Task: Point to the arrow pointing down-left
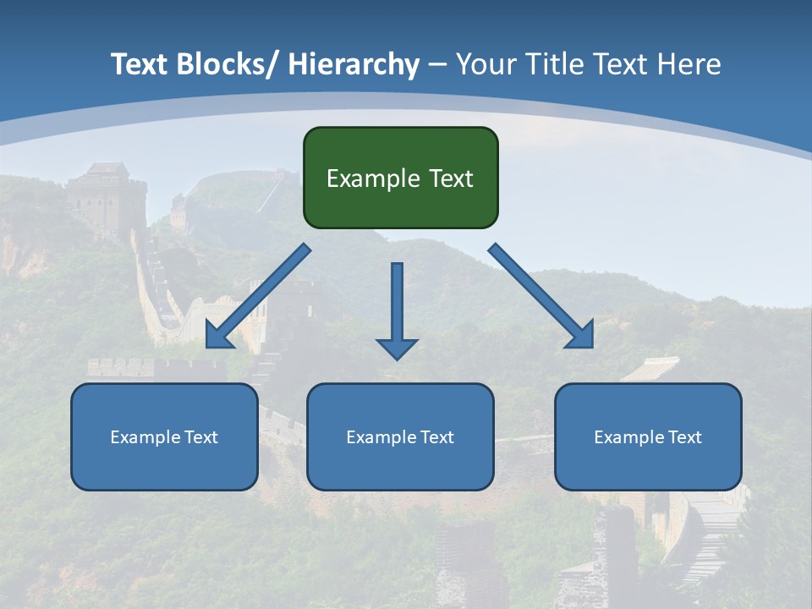258,297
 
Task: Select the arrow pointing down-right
540,295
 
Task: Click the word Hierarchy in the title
354,64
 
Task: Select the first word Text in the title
138,64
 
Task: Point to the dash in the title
437,65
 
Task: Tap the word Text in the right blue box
684,437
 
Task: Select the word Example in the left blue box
145,437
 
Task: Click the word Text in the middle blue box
436,437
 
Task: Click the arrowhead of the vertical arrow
397,348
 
